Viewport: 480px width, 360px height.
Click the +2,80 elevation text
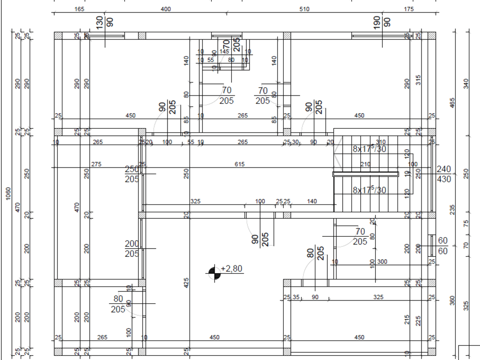[231, 269]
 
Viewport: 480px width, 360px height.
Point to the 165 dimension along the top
[79, 9]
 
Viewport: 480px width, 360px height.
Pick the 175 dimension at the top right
[408, 9]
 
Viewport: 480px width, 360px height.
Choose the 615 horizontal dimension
[240, 164]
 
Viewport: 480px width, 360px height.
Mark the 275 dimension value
[96, 164]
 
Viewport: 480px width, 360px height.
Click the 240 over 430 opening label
[444, 174]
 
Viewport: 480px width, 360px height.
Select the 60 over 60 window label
[443, 245]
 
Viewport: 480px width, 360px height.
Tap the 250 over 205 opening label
[132, 174]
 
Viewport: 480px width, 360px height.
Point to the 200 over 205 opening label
[132, 249]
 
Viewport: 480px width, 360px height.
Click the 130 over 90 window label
[105, 22]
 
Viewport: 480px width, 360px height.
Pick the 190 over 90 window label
[382, 22]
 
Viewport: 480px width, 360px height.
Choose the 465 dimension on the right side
[452, 102]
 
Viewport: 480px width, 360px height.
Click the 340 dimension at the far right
[465, 83]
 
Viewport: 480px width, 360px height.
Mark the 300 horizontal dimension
[382, 262]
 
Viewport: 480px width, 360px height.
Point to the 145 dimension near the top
[224, 51]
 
